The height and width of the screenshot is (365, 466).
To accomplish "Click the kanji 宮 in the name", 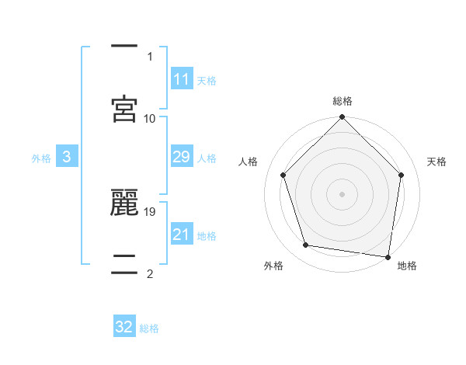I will (125, 109).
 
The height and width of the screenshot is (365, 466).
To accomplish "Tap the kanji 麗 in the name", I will (125, 204).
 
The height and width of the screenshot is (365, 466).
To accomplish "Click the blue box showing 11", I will (181, 80).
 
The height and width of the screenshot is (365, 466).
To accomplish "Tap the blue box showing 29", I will (181, 158).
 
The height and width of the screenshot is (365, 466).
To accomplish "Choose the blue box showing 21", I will (181, 235).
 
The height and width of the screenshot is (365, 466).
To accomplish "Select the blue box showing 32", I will (124, 328).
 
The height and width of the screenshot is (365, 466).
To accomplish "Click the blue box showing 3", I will (67, 158).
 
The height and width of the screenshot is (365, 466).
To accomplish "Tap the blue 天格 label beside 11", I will (207, 81).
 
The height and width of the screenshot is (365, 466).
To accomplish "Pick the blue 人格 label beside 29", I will (207, 158).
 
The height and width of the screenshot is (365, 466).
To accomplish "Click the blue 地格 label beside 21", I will (207, 236).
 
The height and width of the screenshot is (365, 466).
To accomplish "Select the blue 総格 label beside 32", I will (149, 328).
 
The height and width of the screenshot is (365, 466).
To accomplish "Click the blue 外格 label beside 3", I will (41, 158).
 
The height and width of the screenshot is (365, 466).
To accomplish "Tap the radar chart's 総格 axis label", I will (343, 101).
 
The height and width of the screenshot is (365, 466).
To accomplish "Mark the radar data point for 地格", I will (388, 256).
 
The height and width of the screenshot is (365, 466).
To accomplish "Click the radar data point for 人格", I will (283, 175).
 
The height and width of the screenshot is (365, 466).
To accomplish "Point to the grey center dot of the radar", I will (342, 193).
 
